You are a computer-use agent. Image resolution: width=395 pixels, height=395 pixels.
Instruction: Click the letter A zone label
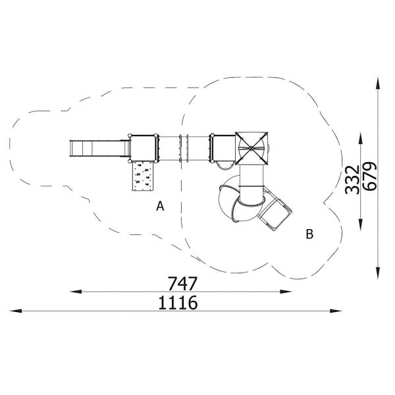pos(160,207)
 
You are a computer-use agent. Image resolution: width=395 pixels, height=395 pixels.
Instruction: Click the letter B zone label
pos(309,233)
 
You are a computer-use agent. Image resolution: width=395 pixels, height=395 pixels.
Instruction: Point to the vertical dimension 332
pos(352,179)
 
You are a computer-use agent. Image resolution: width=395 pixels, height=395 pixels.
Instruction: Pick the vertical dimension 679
pos(370,176)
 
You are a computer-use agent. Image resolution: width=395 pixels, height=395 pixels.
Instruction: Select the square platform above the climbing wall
pos(145,147)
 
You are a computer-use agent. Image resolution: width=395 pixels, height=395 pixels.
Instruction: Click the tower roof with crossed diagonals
pos(251,146)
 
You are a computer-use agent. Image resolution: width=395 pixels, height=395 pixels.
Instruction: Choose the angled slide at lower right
pos(275,212)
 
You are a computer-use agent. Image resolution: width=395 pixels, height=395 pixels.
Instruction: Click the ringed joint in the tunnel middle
pos(185,147)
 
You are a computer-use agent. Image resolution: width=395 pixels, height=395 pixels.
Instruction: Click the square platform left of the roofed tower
pos(223,147)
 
